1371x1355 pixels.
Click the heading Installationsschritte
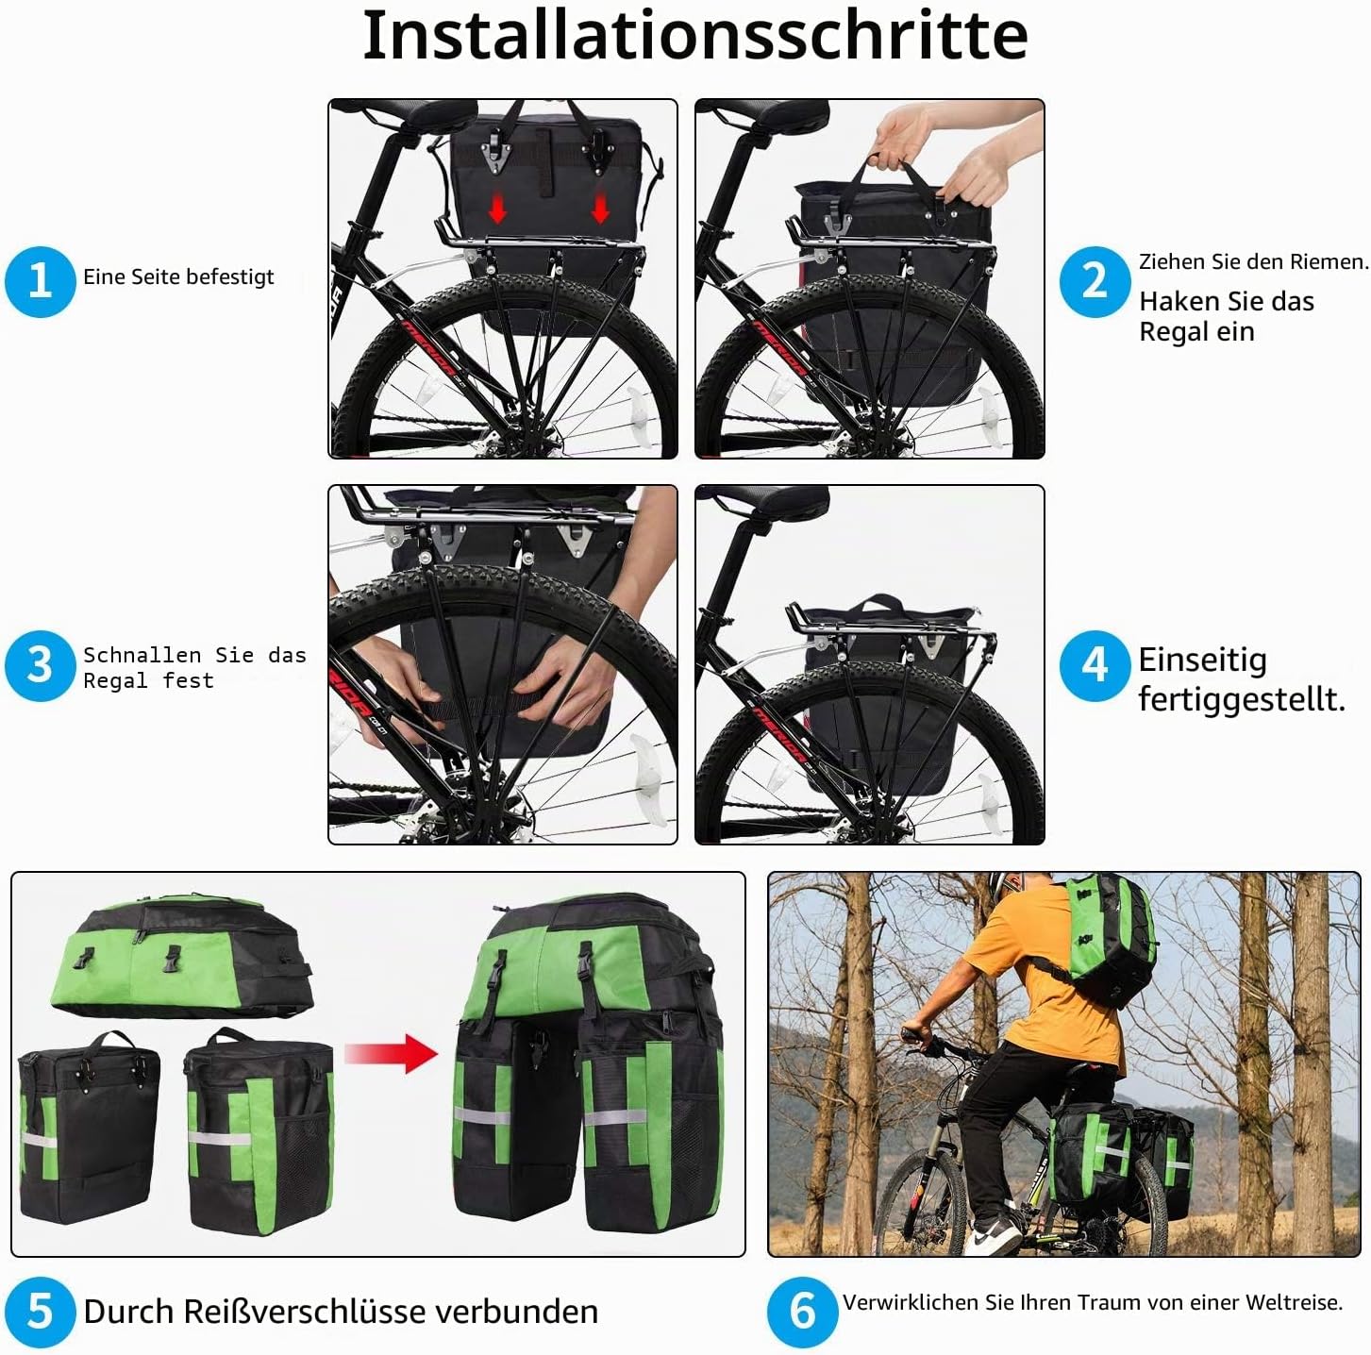click(695, 36)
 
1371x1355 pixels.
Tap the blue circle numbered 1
click(40, 281)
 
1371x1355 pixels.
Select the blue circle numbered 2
click(1095, 281)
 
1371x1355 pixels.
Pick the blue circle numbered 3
click(40, 665)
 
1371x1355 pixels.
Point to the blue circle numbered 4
click(1095, 665)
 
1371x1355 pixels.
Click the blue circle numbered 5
click(40, 1312)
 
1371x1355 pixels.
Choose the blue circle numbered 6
click(803, 1312)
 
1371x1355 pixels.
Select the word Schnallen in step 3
click(142, 656)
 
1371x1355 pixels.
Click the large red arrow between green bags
click(391, 1052)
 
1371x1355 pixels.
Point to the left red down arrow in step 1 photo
click(497, 208)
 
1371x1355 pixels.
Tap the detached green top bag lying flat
click(181, 956)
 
